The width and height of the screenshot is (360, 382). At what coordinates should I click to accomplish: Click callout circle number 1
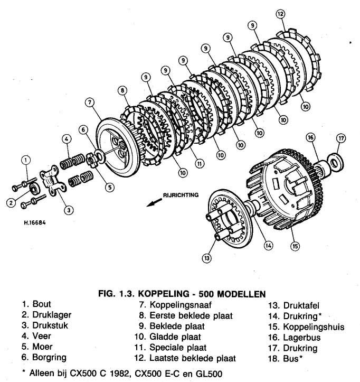click(26, 159)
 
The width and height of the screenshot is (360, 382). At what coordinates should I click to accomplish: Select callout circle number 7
click(90, 103)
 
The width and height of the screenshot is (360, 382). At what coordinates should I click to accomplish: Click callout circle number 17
click(341, 139)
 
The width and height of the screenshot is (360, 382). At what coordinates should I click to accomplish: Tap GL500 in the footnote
click(205, 374)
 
